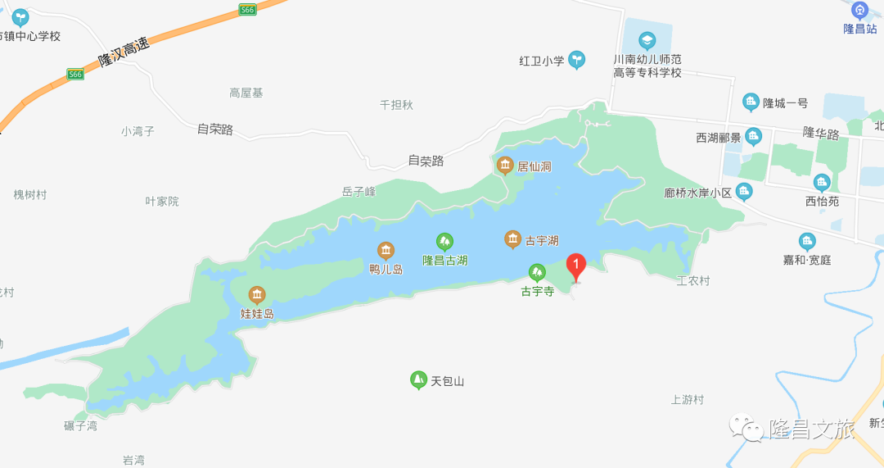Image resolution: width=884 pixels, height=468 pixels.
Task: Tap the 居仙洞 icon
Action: (x=505, y=166)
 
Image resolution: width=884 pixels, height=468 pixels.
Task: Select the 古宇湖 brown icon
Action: (x=513, y=239)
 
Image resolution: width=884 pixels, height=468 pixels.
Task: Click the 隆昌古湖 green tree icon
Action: (x=444, y=241)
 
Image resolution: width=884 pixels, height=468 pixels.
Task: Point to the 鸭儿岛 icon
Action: (x=386, y=250)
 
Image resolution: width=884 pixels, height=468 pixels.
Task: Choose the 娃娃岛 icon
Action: (x=257, y=295)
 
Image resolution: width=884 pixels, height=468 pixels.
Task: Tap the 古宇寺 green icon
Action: (x=537, y=271)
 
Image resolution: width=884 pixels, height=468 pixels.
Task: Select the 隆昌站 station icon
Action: (x=859, y=11)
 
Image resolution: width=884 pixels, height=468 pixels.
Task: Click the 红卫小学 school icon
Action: (x=577, y=60)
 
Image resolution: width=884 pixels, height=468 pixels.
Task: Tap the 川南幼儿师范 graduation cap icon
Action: (x=647, y=39)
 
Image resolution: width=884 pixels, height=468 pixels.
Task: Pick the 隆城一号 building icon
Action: (x=751, y=102)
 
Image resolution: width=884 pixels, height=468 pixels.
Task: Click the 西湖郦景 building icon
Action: (x=754, y=137)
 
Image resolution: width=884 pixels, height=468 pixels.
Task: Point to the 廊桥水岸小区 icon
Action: (x=744, y=192)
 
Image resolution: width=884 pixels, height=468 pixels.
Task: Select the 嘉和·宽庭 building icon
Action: (x=807, y=241)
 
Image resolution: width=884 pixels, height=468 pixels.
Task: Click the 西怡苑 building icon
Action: (x=822, y=182)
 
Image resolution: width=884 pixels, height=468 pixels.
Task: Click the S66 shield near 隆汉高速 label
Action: (x=76, y=74)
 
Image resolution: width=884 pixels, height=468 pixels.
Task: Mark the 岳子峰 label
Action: (x=359, y=192)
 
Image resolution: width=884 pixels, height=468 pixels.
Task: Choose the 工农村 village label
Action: (x=692, y=280)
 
